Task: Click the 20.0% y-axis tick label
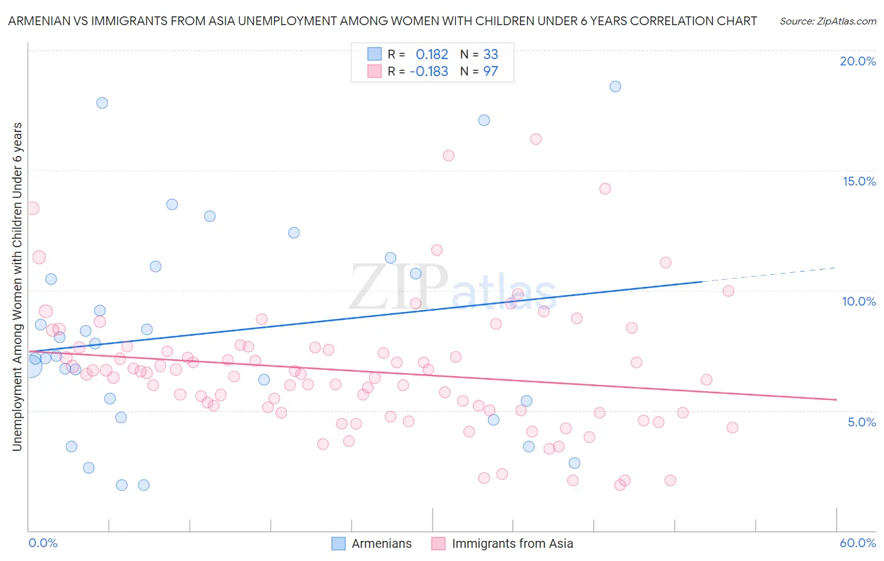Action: pyautogui.click(x=858, y=61)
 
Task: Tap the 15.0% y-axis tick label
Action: pyautogui.click(x=859, y=181)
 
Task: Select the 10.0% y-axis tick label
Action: pyautogui.click(x=859, y=301)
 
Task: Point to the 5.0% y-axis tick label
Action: pyautogui.click(x=861, y=422)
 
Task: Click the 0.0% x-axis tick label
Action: pyautogui.click(x=43, y=543)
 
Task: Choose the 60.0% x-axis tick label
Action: pyautogui.click(x=858, y=543)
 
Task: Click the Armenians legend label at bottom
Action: pyautogui.click(x=381, y=544)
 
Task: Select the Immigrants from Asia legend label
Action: pyautogui.click(x=512, y=544)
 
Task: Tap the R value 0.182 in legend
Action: pyautogui.click(x=432, y=55)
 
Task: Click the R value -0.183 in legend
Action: pyautogui.click(x=429, y=72)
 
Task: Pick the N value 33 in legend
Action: pyautogui.click(x=490, y=55)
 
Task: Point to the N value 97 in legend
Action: pyautogui.click(x=490, y=72)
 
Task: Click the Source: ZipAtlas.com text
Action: pyautogui.click(x=827, y=21)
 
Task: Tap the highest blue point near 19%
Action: pyautogui.click(x=615, y=87)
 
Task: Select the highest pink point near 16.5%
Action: pyautogui.click(x=536, y=139)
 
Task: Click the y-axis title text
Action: pyautogui.click(x=18, y=286)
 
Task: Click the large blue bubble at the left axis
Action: pyautogui.click(x=30, y=365)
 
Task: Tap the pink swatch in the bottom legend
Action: pyautogui.click(x=438, y=544)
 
